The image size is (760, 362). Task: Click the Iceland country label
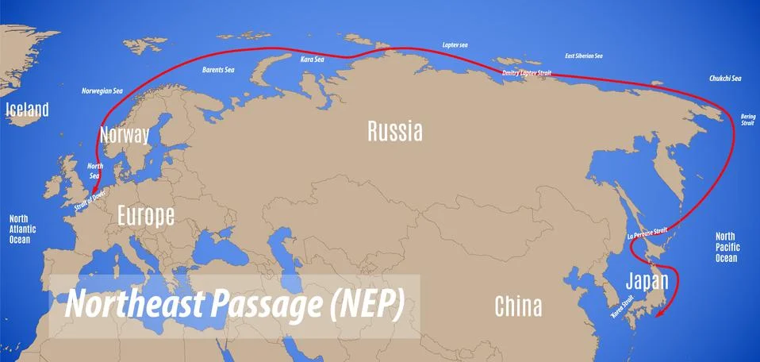27,110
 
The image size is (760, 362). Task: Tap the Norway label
125,134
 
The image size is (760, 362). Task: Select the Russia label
394,131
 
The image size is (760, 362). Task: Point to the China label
517,305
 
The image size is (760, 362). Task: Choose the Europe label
145,214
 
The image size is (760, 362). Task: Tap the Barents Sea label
218,70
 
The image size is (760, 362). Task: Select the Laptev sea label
455,45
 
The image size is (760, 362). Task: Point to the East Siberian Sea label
583,56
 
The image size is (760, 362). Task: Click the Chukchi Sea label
725,79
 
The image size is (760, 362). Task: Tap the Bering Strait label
747,119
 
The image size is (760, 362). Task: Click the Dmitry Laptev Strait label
526,74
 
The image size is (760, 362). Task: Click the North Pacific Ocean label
726,247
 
